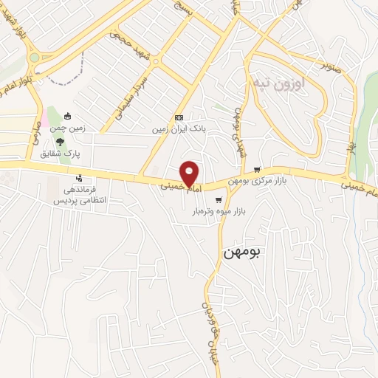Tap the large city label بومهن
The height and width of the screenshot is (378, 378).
[x=241, y=252]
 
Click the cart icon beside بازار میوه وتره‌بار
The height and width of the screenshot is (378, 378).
[x=218, y=199]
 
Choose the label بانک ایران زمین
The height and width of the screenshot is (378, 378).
[x=176, y=128]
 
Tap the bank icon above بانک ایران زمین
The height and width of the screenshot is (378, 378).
[x=178, y=117]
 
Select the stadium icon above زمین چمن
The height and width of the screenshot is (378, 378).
[x=68, y=115]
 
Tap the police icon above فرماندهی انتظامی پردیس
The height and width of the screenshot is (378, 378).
[x=79, y=178]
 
